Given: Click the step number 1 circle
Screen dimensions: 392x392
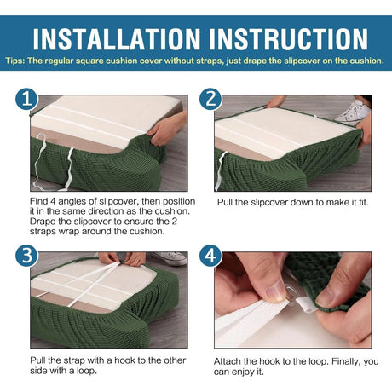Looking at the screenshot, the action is (26, 99).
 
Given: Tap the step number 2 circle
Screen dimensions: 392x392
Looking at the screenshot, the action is (210, 99).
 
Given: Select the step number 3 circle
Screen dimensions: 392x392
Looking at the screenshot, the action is (26, 256).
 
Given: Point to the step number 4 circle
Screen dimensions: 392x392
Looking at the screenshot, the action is (210, 256).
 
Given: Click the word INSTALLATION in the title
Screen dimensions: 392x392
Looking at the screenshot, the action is (117, 39).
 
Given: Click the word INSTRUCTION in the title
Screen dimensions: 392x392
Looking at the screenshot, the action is (289, 39).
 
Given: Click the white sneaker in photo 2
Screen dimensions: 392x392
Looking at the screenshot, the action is (352, 112).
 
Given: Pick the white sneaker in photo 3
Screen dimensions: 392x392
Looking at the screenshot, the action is (170, 258).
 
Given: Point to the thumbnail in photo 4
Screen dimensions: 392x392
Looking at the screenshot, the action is (274, 293).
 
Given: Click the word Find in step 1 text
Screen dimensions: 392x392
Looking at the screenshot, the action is (38, 201).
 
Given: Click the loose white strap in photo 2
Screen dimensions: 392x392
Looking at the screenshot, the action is (220, 170).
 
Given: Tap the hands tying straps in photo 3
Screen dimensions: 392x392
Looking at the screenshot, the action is (123, 259).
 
